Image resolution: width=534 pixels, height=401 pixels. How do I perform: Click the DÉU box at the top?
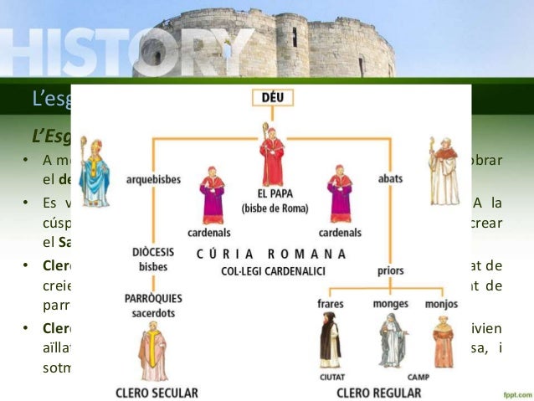(272, 98)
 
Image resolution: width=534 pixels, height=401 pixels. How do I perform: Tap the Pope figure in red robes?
(272, 154)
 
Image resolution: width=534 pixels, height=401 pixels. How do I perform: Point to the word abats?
(390, 179)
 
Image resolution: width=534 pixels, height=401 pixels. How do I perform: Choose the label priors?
(390, 270)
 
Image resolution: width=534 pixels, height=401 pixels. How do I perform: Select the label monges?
(390, 303)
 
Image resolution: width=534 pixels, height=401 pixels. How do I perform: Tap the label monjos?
(441, 303)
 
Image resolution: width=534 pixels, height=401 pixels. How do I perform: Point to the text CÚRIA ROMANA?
(271, 254)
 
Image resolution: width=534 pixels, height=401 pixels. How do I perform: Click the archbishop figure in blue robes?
(94, 172)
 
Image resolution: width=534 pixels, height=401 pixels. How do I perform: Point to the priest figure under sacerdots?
(153, 352)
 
